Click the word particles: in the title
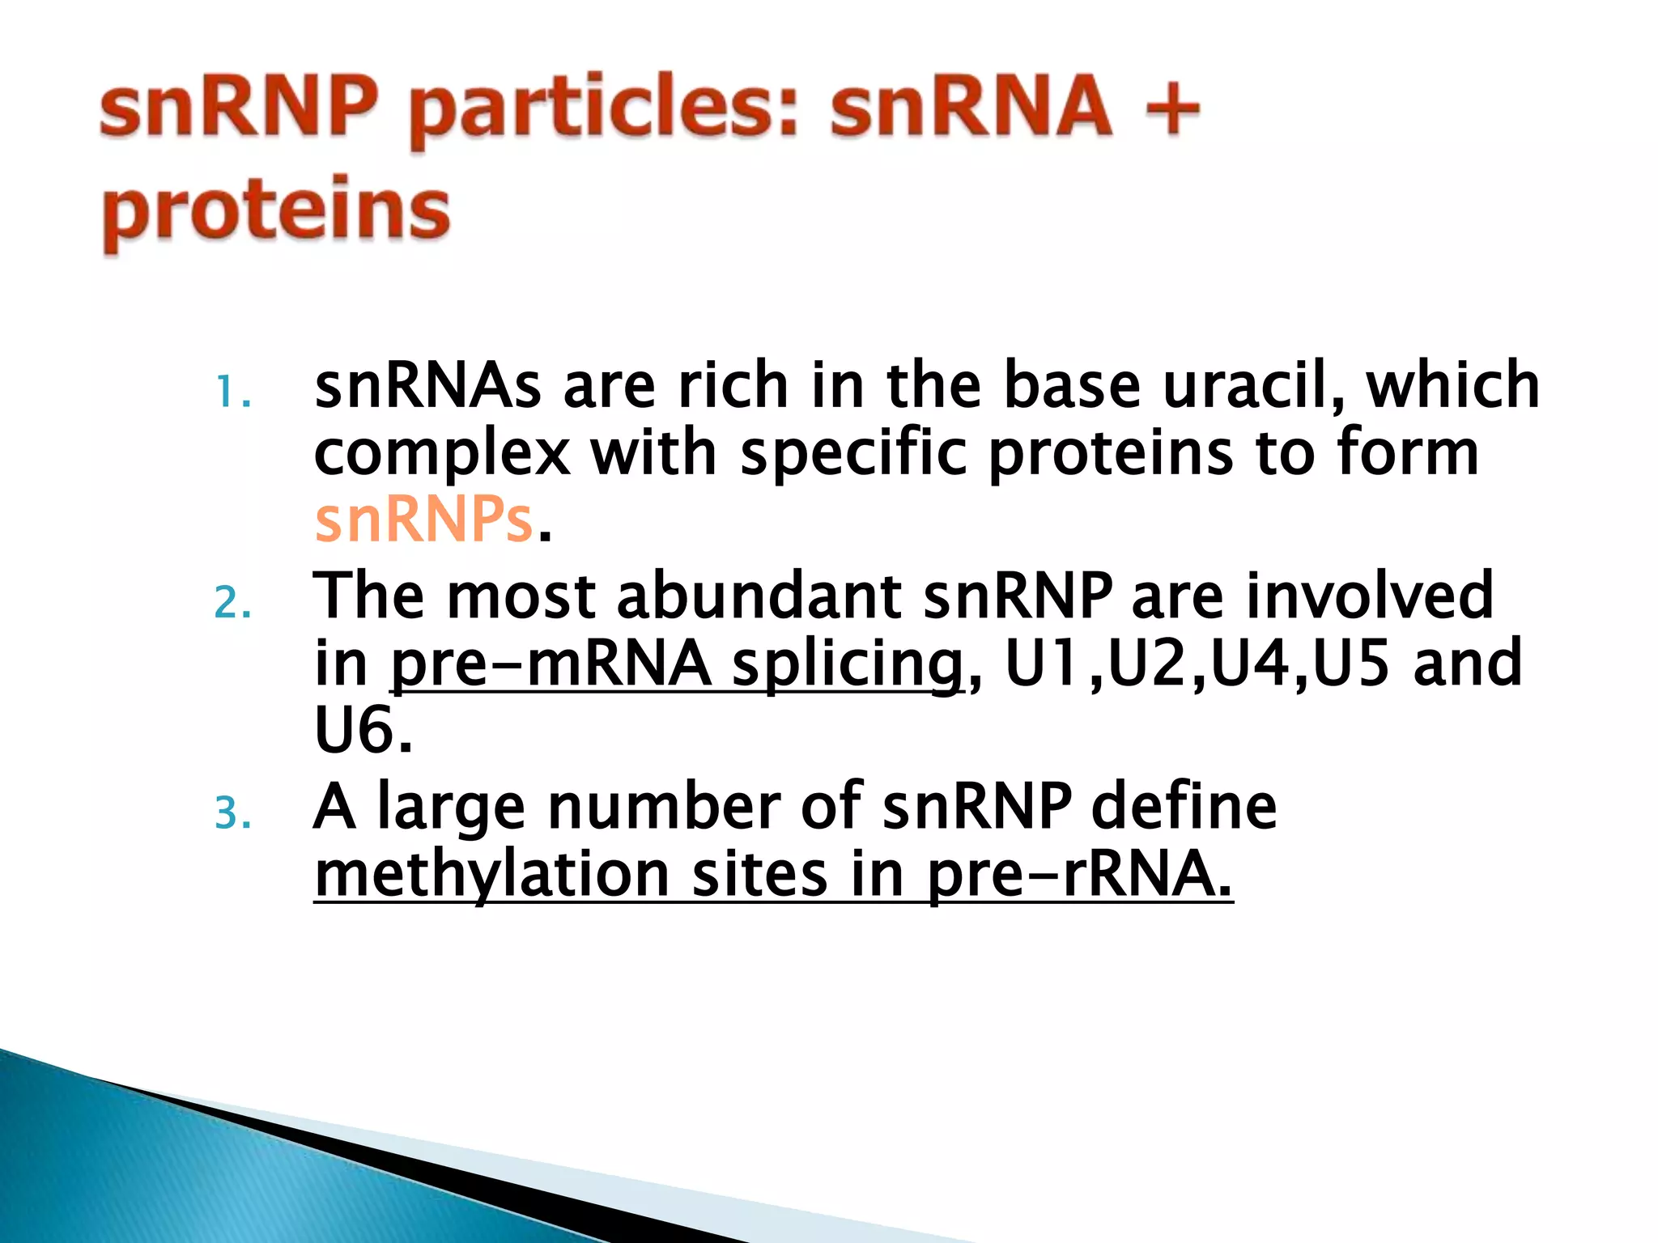pyautogui.click(x=604, y=109)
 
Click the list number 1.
pyautogui.click(x=232, y=393)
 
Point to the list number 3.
pyautogui.click(x=232, y=813)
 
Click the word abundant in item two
pyautogui.click(x=759, y=596)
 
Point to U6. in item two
pyautogui.click(x=363, y=731)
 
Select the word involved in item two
pyautogui.click(x=1369, y=596)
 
